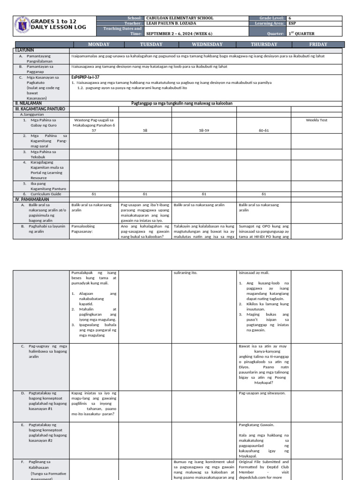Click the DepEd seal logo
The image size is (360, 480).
click(22, 26)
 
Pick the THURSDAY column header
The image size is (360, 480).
click(263, 45)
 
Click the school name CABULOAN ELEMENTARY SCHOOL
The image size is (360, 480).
click(180, 18)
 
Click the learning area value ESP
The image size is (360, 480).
click(292, 23)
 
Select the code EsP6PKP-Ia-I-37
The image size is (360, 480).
click(85, 77)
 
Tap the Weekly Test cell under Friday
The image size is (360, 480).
click(316, 120)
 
